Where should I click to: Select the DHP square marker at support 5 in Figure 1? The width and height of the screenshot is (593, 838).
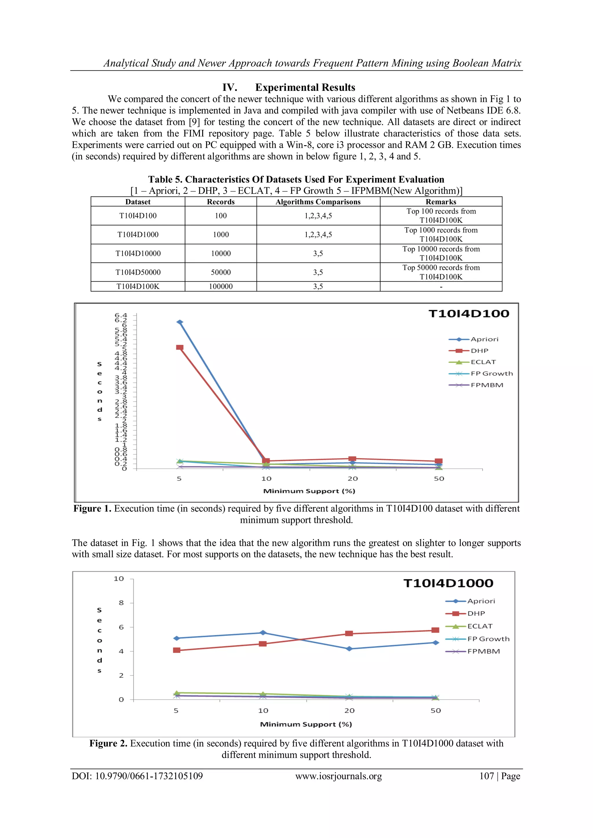pos(180,348)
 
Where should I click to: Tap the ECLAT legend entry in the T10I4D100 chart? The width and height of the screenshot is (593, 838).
pos(483,362)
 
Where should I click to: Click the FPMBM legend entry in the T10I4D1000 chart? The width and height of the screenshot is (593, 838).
pos(483,651)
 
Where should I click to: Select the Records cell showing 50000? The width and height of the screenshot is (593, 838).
pos(221,272)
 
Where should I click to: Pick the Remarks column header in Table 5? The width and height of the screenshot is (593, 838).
pos(441,202)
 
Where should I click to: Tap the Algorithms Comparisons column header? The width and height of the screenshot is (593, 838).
pos(318,202)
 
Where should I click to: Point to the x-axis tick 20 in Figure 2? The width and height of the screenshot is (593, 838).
pos(349,711)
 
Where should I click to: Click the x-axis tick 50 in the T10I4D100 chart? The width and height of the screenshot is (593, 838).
pos(439,479)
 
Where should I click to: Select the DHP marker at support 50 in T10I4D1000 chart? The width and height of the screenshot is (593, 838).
pos(435,630)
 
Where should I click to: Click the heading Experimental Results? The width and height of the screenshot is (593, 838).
pos(305,88)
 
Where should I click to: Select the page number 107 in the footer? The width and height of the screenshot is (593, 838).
pos(486,776)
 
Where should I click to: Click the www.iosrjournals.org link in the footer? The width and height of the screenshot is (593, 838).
pos(338,776)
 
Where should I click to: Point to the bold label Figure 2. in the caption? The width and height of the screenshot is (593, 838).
pos(108,743)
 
